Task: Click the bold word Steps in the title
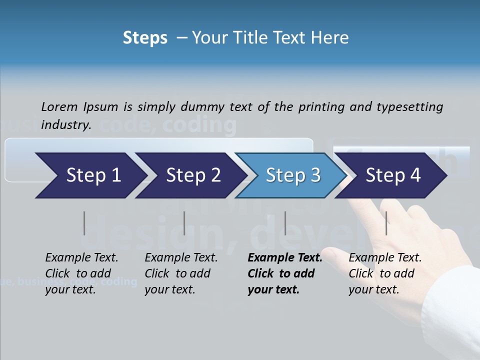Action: pos(145,38)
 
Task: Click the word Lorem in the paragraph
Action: pos(59,107)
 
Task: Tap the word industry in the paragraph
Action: pos(65,125)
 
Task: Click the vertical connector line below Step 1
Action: pos(84,223)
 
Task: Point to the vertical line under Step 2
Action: pos(184,223)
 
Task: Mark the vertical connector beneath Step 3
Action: pos(285,223)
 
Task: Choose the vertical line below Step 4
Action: pos(386,223)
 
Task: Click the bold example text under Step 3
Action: pos(284,273)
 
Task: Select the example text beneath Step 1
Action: pos(81,273)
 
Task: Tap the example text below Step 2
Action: pos(181,273)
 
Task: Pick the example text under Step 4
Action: pos(385,273)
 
